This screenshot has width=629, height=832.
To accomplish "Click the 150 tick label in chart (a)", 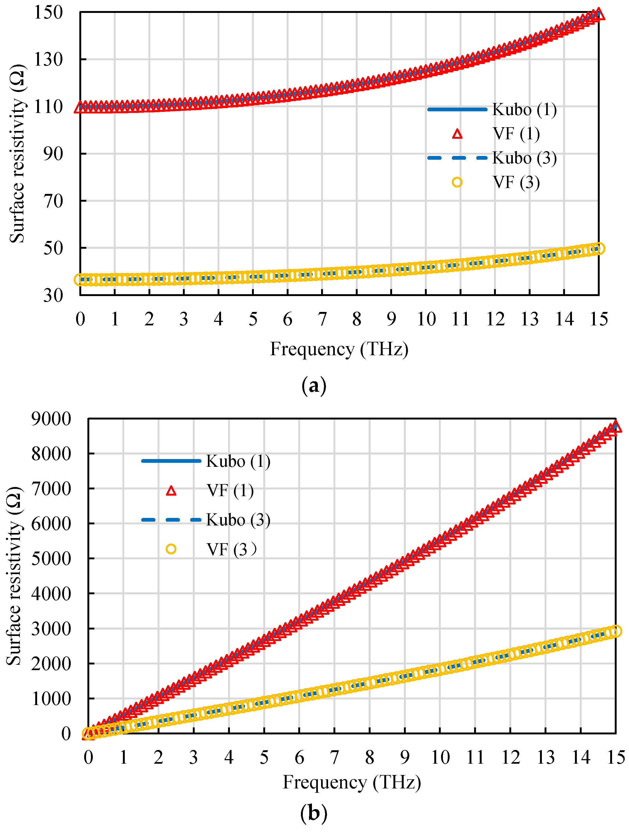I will [x=48, y=12].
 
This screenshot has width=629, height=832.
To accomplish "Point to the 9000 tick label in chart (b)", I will [x=51, y=419].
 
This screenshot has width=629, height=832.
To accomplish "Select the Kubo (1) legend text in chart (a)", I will [x=524, y=109].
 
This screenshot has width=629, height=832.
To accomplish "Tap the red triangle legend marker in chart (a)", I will [x=457, y=134].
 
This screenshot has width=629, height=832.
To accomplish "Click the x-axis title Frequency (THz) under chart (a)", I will [x=339, y=349].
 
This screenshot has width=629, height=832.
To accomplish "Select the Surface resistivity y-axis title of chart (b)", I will [x=14, y=576].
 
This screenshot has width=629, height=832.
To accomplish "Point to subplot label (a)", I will [x=314, y=386].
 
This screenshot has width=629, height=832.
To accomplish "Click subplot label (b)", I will [x=314, y=813].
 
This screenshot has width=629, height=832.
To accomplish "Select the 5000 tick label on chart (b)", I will [x=51, y=559].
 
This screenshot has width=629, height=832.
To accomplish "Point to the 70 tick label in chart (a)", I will [x=53, y=201].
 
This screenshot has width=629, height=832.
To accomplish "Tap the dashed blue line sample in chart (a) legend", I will [x=457, y=158].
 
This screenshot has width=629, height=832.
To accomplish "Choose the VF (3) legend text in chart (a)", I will [x=516, y=182].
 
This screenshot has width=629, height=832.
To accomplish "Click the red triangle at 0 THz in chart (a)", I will [x=80, y=107].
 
